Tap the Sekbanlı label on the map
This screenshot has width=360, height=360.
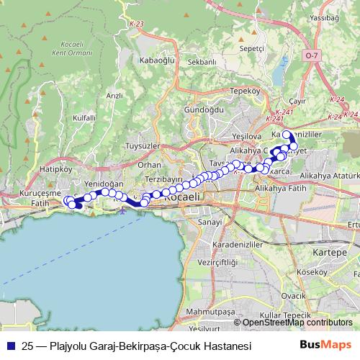click(x=202, y=63)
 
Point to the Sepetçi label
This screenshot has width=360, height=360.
click(x=253, y=48)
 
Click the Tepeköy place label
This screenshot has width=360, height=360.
click(x=244, y=91)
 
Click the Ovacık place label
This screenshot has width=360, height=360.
click(x=294, y=295)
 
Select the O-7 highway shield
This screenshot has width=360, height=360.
click(x=310, y=55)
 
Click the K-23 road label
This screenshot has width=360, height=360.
click(x=138, y=24)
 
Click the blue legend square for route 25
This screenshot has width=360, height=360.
click(x=10, y=346)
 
